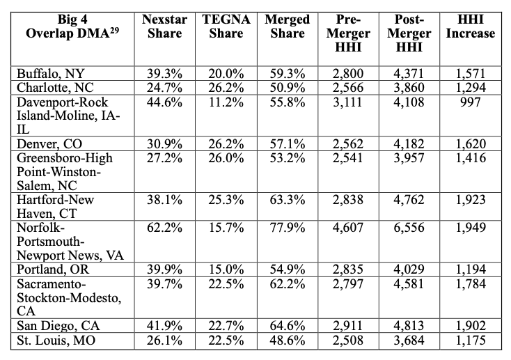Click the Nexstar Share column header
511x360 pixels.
pyautogui.click(x=164, y=26)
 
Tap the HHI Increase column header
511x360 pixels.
pyautogui.click(x=471, y=26)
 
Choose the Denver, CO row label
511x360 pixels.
pyautogui.click(x=47, y=145)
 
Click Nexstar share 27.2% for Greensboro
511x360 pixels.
pyautogui.click(x=164, y=159)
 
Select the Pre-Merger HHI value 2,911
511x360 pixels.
pyautogui.click(x=347, y=324)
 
